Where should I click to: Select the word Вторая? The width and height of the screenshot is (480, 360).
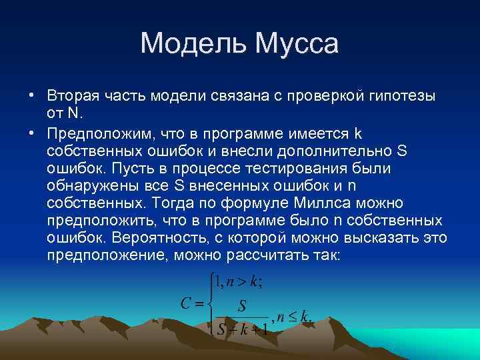point(71,95)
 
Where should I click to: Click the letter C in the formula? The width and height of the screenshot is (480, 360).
point(187,304)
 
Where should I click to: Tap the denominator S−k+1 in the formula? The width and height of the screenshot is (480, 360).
point(242,328)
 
